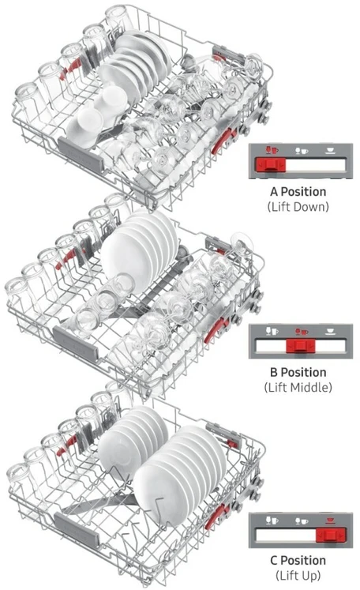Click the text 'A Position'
(x=298, y=191)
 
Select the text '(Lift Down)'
(x=298, y=207)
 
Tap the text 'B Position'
(x=298, y=372)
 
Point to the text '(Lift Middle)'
(x=298, y=387)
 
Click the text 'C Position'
(x=298, y=560)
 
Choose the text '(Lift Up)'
(x=298, y=575)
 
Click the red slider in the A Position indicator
(x=271, y=165)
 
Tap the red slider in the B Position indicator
(x=301, y=345)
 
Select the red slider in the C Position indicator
(x=331, y=535)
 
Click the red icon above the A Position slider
(x=272, y=151)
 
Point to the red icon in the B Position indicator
(x=302, y=332)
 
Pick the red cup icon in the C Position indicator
(x=331, y=520)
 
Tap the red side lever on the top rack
(x=223, y=141)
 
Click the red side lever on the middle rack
(x=216, y=329)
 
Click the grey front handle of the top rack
(x=80, y=155)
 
